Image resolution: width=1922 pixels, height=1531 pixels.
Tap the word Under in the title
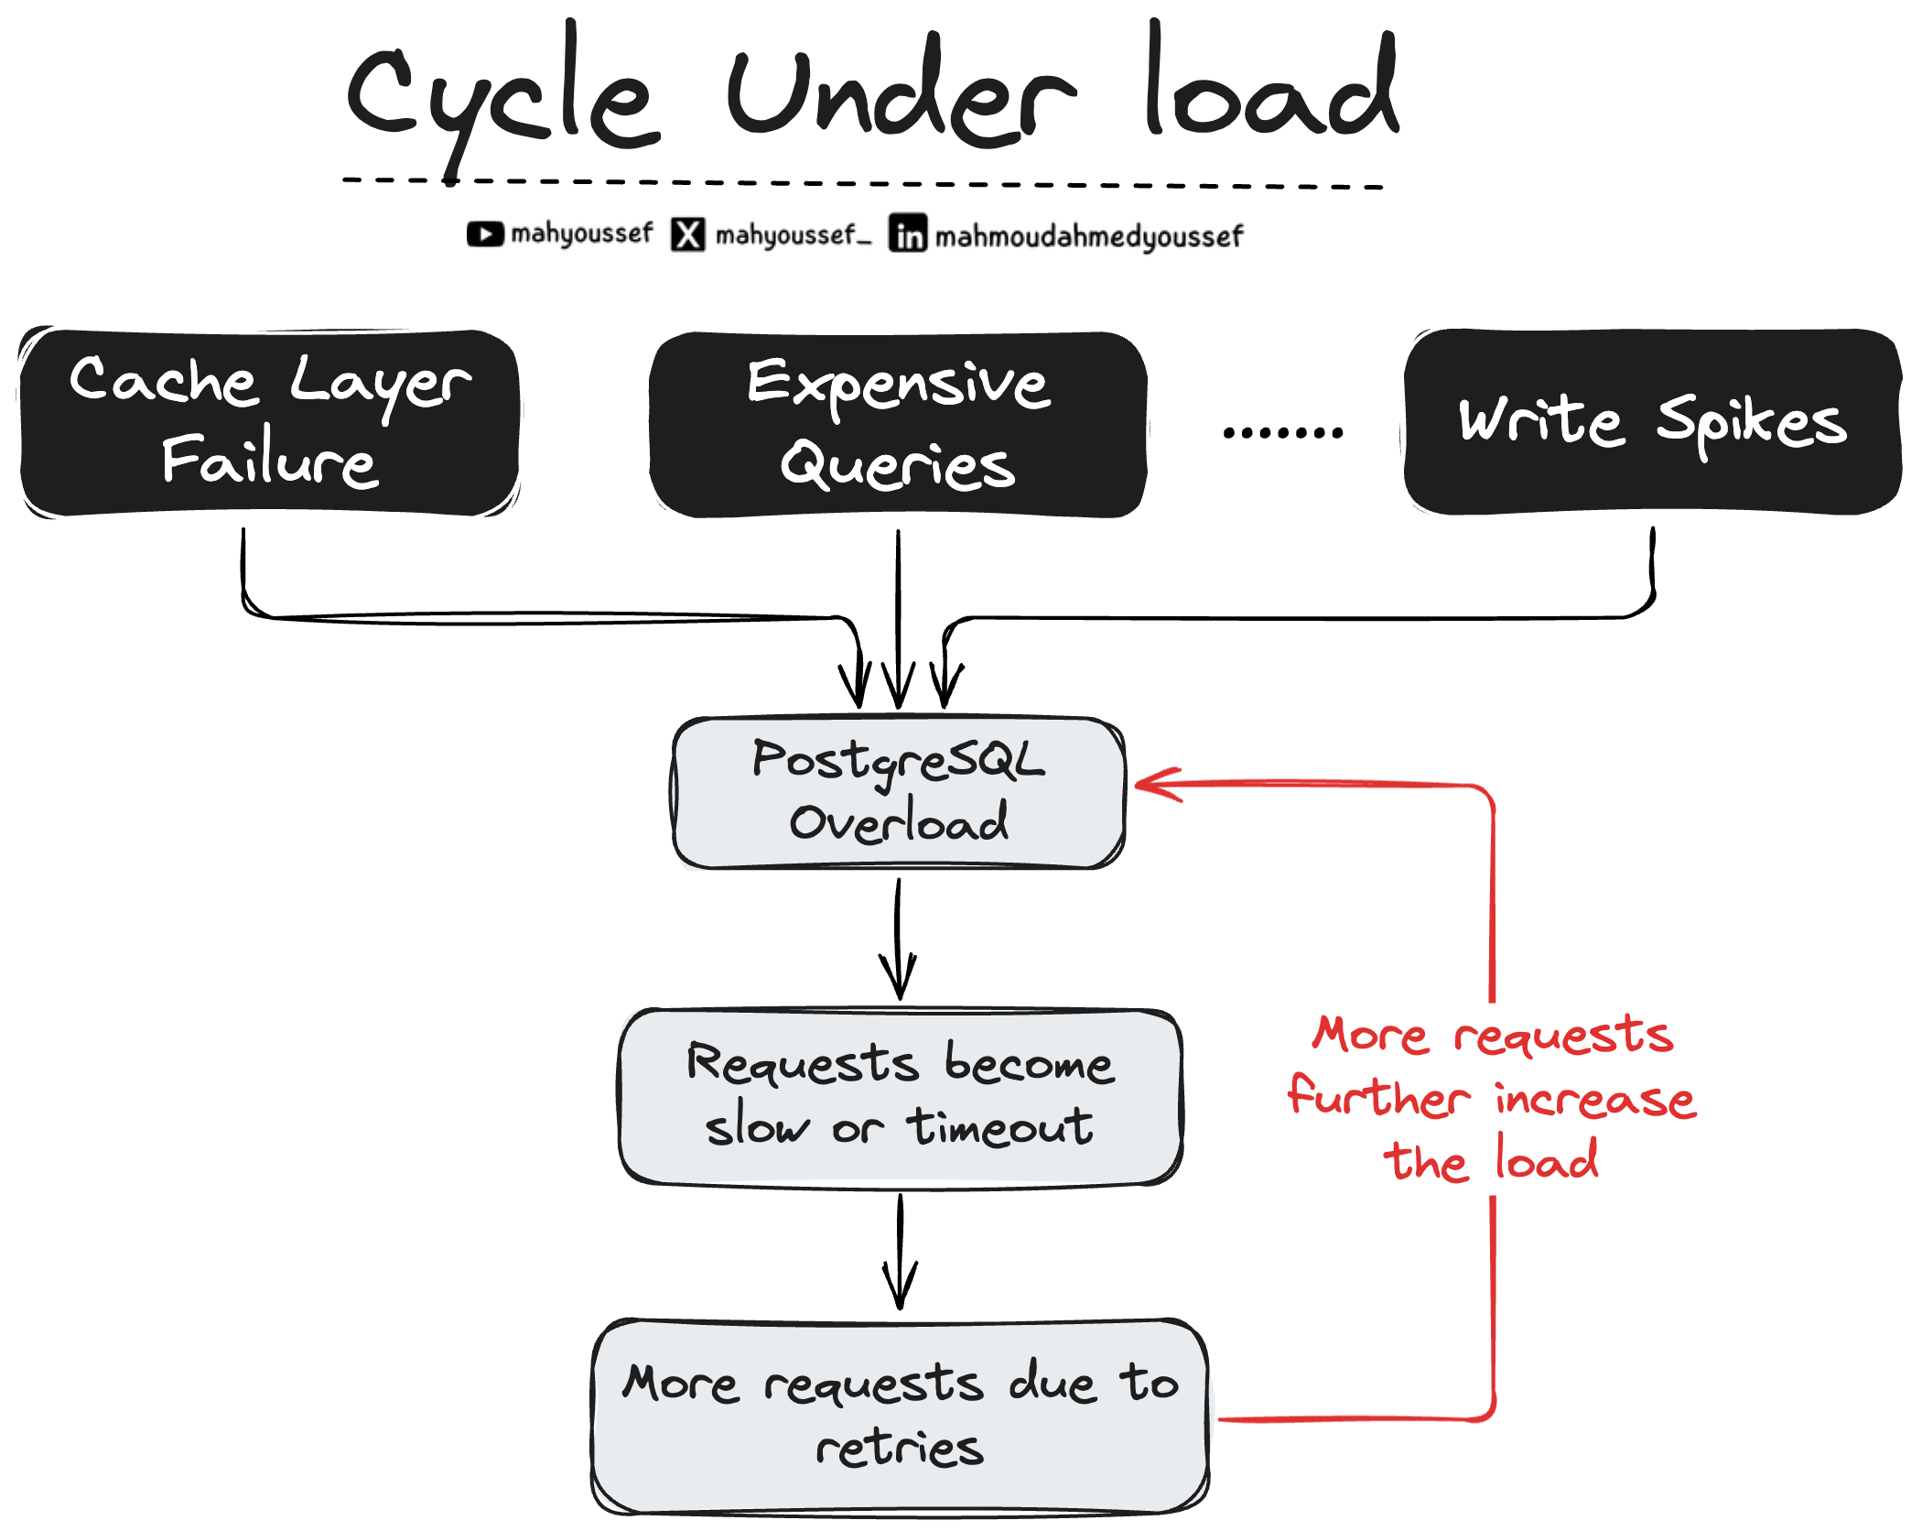tap(902, 96)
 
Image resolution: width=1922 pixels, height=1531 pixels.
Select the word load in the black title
tap(1272, 87)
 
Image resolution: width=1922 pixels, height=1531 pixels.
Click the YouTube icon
tap(485, 234)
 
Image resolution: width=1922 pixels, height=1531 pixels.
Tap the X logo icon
tap(688, 234)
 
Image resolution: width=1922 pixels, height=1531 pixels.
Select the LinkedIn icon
tap(908, 233)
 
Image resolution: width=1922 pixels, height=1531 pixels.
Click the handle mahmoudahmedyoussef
tap(1089, 236)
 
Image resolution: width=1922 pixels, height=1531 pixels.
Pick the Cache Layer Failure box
tap(270, 423)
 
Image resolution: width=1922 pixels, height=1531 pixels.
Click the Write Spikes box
tap(1653, 422)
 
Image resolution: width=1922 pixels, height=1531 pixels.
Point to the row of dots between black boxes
tap(1283, 432)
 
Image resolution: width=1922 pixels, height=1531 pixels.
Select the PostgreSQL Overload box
tap(899, 793)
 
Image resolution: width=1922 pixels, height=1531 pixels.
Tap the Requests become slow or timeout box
tap(901, 1097)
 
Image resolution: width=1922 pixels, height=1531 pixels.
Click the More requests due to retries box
tap(901, 1416)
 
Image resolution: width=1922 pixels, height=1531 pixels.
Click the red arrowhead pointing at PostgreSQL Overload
tap(1155, 785)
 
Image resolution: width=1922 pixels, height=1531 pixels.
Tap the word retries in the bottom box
tap(900, 1449)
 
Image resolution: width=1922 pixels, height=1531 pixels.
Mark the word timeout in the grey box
tap(1000, 1127)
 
